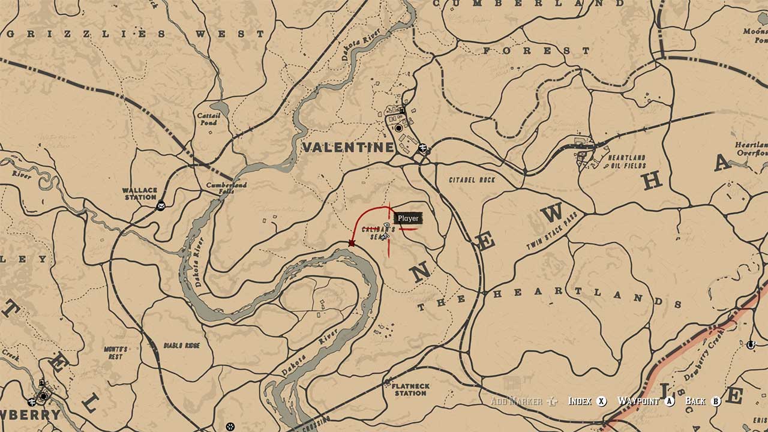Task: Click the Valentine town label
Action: point(349,147)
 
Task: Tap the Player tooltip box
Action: point(408,218)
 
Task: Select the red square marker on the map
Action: point(352,243)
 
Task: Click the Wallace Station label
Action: point(140,194)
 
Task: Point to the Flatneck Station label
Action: point(410,389)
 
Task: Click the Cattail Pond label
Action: point(209,119)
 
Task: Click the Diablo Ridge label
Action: point(182,346)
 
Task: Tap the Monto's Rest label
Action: point(116,353)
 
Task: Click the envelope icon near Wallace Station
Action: point(161,206)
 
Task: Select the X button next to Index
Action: point(602,401)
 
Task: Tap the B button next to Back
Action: point(715,401)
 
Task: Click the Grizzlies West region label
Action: point(135,34)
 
